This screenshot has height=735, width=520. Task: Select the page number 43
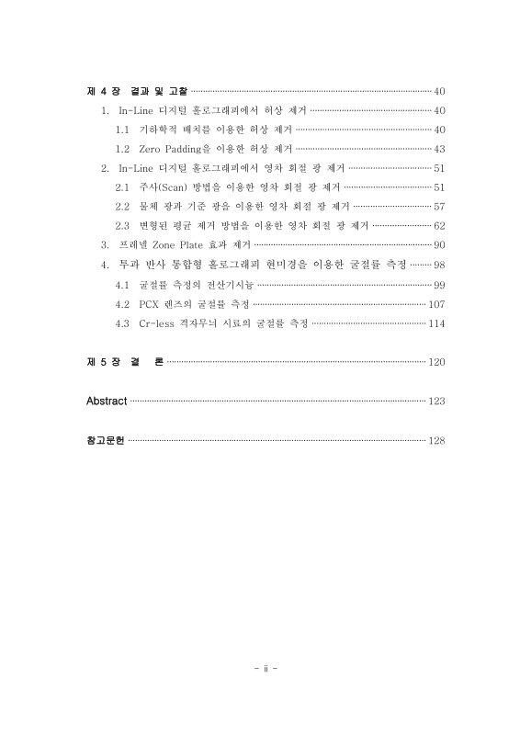[439, 148]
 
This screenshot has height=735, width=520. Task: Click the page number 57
[439, 206]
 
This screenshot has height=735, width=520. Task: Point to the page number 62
[439, 225]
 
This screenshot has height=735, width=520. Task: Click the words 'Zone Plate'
[188, 244]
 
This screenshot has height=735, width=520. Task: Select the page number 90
[439, 244]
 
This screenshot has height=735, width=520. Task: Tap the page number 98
[439, 265]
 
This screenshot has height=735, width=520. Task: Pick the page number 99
[439, 284]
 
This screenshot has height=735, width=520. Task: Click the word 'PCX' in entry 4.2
[149, 303]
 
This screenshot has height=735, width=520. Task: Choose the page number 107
[436, 303]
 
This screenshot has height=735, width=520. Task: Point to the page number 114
[436, 322]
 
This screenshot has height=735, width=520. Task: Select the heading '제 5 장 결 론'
[123, 362]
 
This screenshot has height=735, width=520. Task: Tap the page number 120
[436, 362]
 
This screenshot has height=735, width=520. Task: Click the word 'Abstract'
[106, 401]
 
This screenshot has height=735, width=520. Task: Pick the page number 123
[436, 401]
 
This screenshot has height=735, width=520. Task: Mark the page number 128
[436, 441]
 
